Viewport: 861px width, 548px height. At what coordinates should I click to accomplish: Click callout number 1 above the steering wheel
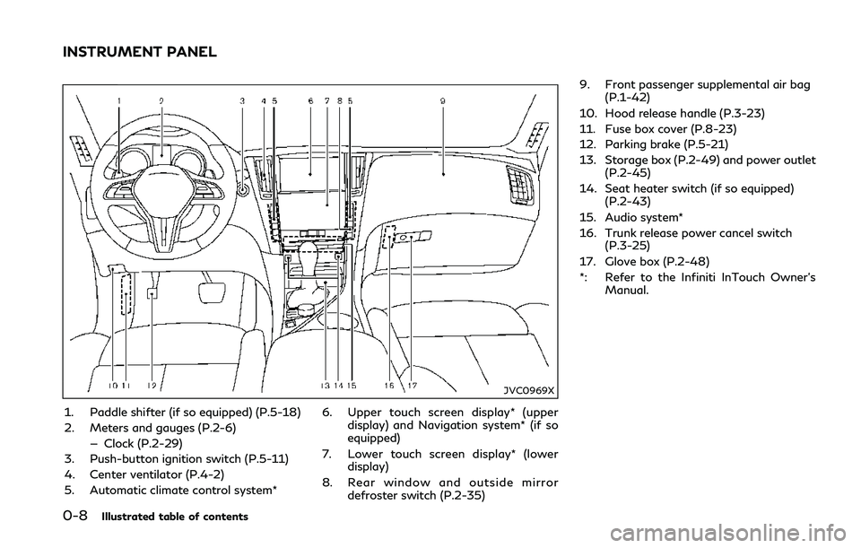coord(119,100)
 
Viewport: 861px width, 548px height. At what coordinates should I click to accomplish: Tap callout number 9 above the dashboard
coord(443,100)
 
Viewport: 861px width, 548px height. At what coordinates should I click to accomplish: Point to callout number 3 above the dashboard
coord(242,101)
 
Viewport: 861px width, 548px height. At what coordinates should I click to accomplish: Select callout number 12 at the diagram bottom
coord(152,386)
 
